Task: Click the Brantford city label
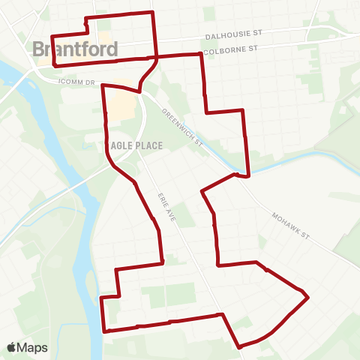click(x=75, y=49)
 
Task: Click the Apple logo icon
click(x=11, y=347)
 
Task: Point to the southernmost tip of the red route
click(x=239, y=347)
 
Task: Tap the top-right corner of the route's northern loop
click(x=153, y=13)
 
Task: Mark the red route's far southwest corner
click(x=104, y=330)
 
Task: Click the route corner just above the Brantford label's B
click(x=51, y=36)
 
